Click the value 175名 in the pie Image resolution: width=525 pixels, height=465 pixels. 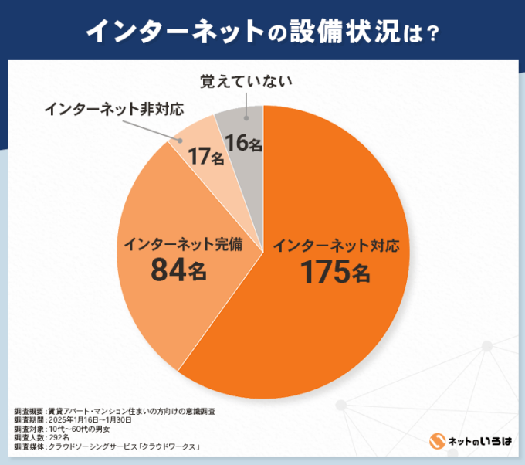335,272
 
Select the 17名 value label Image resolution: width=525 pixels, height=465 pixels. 207,157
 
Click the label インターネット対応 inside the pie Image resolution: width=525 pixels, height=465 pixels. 336,246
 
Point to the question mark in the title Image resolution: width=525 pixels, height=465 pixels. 433,32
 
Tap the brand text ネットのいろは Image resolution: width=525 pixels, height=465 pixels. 478,440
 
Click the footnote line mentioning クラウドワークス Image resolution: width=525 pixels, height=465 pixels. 107,446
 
